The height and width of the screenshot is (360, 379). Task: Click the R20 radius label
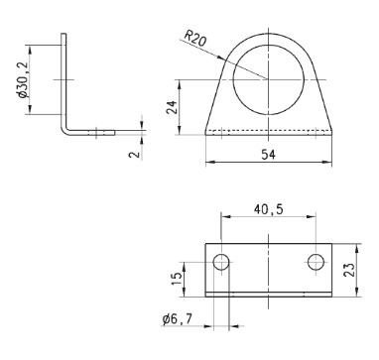pos(195,38)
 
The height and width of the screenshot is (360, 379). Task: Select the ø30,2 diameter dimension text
pos(23,79)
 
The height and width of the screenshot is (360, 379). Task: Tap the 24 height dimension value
pos(172,107)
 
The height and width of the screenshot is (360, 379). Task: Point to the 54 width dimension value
pos(268,155)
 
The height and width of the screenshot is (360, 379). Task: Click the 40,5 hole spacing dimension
pos(268,209)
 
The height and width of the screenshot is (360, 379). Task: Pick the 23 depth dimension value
pos(349,270)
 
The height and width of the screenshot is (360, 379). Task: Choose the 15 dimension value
pos(178,280)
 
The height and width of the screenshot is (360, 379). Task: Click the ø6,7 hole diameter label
pos(177,319)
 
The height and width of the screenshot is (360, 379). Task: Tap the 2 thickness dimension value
pos(135,154)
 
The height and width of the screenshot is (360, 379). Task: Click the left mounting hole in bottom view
pos(221,263)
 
